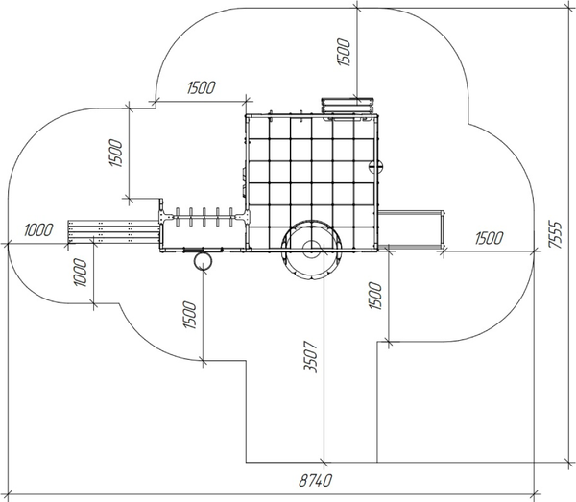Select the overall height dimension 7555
(556, 231)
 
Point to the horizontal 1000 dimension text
(38, 229)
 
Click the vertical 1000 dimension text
(81, 275)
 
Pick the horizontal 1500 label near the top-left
(200, 88)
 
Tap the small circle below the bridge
(202, 258)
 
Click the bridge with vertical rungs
(204, 217)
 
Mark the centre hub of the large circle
(311, 250)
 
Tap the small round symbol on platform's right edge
(377, 164)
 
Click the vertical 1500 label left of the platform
(115, 154)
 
